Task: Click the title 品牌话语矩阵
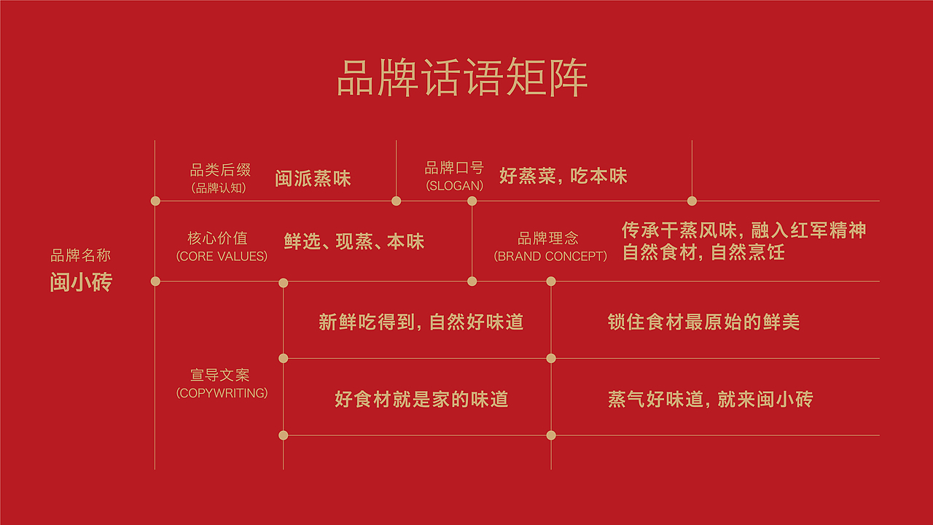[x=462, y=79]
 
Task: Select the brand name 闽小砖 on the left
[x=81, y=282]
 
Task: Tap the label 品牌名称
[x=80, y=256]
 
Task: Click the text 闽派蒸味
[x=313, y=179]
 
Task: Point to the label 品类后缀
[x=220, y=170]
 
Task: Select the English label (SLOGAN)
[x=454, y=186]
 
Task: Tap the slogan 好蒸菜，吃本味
[x=563, y=176]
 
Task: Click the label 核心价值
[x=217, y=238]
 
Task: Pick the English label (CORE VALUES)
[x=222, y=257]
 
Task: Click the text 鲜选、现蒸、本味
[x=354, y=242]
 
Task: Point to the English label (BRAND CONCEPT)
[x=550, y=257]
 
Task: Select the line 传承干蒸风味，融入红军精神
[x=743, y=230]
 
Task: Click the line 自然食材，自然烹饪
[x=703, y=253]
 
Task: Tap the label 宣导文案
[x=219, y=376]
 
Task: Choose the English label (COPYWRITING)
[x=222, y=394]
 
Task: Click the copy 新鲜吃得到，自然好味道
[x=421, y=322]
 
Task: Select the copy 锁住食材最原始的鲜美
[x=703, y=322]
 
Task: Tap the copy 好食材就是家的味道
[x=421, y=400]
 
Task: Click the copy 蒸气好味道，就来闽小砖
[x=710, y=400]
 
